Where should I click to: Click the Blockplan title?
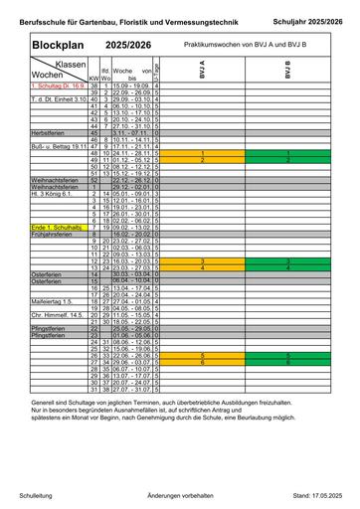[x=45, y=47]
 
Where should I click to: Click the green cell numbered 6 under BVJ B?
[x=288, y=362]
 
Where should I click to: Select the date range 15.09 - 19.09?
[x=129, y=87]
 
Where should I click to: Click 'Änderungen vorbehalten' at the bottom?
[x=180, y=494]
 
